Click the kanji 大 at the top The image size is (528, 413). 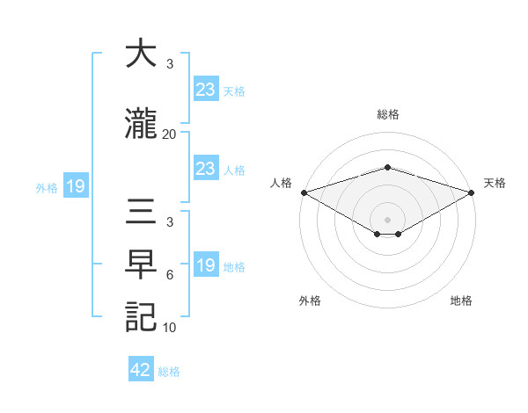pyautogui.click(x=141, y=54)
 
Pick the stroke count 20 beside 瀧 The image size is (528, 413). pyautogui.click(x=169, y=134)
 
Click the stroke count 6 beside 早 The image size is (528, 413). pyautogui.click(x=169, y=275)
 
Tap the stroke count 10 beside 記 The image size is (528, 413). pyautogui.click(x=169, y=328)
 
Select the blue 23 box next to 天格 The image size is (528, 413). pyautogui.click(x=205, y=89)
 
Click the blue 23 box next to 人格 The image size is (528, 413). pyautogui.click(x=205, y=169)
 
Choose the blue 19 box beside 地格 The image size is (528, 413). pyautogui.click(x=205, y=265)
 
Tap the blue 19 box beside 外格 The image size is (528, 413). pyautogui.click(x=75, y=185)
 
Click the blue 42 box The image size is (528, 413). pyautogui.click(x=141, y=370)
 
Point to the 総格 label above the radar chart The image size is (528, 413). pyautogui.click(x=387, y=114)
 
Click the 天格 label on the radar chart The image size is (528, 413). pyautogui.click(x=495, y=183)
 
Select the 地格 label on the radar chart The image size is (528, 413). pyautogui.click(x=461, y=301)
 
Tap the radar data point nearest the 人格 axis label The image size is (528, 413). pyautogui.click(x=304, y=192)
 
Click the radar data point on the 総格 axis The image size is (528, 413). pyautogui.click(x=387, y=167)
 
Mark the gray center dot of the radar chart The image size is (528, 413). pyautogui.click(x=387, y=219)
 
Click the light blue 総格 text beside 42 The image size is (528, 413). pyautogui.click(x=170, y=371)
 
